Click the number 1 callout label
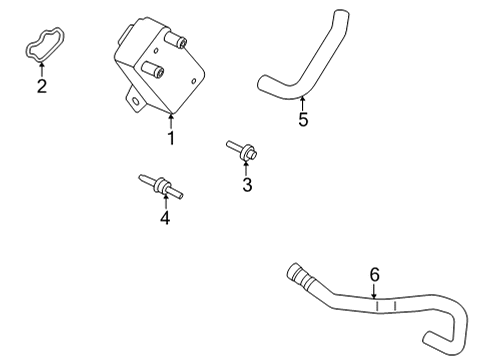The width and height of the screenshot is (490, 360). coord(171,138)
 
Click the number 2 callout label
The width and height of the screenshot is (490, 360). coord(42,86)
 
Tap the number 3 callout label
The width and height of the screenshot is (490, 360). coord(247,184)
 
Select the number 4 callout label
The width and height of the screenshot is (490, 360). coord(165,217)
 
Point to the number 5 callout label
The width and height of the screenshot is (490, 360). coord(304,120)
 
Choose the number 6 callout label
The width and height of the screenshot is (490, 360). coord(375,274)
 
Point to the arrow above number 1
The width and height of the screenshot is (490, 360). coord(171,120)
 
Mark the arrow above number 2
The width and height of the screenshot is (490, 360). coord(42,69)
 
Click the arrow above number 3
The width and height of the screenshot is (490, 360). coord(246,166)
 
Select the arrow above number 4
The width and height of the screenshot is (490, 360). coord(165,200)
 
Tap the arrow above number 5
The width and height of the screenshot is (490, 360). coord(303,102)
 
